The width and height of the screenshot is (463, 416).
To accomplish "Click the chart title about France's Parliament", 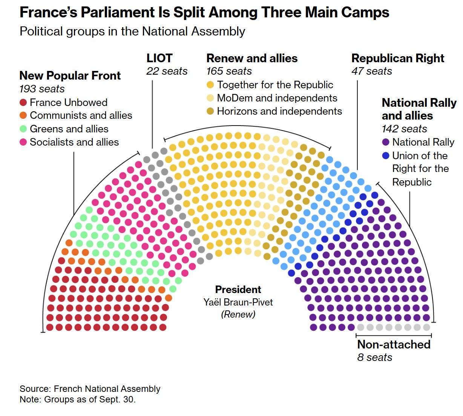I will coord(204,12).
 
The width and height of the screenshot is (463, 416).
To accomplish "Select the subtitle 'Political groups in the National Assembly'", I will coord(132,31).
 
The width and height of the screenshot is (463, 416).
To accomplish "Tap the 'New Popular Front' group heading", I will coord(70,75).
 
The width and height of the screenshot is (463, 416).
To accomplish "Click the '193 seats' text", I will coord(42,89).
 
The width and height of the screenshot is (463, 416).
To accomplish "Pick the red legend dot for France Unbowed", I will coord(23,103).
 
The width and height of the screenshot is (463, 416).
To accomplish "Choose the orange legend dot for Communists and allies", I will coord(23,115).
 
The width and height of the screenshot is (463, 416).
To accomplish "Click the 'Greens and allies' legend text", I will coord(69,129).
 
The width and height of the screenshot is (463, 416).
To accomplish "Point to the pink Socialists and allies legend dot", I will coord(23,142).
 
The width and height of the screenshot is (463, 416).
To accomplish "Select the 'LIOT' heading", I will coord(159,58).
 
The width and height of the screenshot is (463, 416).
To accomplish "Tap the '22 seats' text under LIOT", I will coord(167,71).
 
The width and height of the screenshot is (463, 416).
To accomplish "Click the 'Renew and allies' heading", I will coord(252,58).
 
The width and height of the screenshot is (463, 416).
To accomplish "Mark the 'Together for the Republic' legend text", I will coord(275,85).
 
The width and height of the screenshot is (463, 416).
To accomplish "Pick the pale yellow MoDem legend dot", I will coord(210,98).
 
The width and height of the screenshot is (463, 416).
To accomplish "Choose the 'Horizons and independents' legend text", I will coord(279,111).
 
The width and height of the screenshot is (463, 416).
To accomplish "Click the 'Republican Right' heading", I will coord(398,58).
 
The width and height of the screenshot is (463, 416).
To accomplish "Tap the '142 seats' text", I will coord(404,129).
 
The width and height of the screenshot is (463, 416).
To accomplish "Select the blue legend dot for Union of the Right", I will coord(386,156).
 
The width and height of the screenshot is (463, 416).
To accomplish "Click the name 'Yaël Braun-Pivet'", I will coord(238,302).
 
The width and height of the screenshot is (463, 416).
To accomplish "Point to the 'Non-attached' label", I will coord(394,344).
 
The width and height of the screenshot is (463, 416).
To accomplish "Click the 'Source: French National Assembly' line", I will coord(90,389).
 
